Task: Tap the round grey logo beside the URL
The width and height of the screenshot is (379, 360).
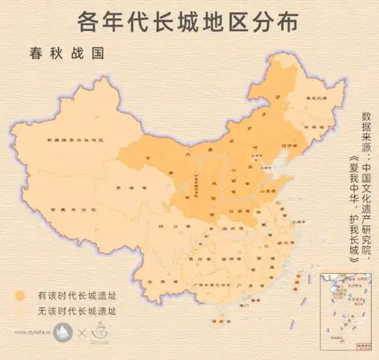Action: click(65, 333)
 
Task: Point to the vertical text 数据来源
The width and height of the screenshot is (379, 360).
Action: click(367, 127)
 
